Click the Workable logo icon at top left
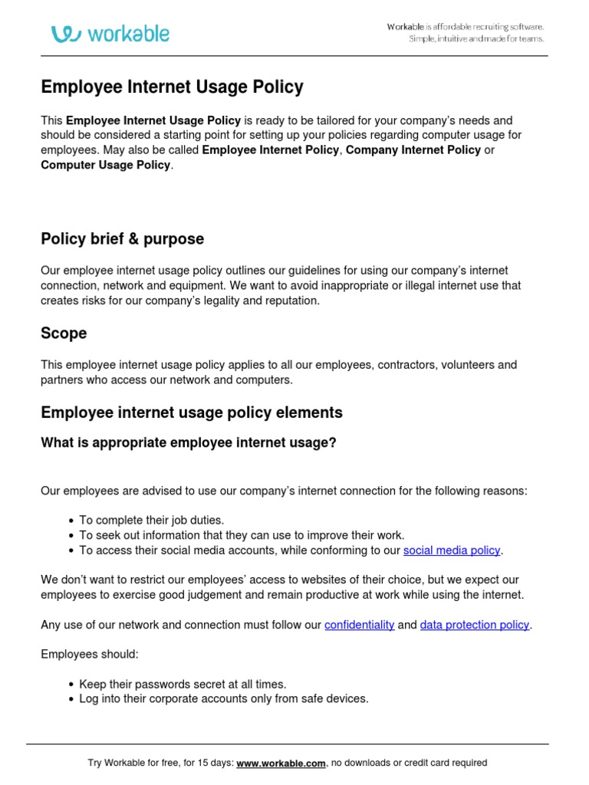click(66, 34)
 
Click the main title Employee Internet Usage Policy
click(172, 87)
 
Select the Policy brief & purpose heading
click(122, 239)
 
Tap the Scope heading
click(64, 333)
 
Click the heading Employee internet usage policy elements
click(192, 412)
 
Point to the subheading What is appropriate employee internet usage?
click(189, 443)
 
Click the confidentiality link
click(359, 625)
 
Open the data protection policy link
click(474, 625)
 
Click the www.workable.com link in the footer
click(281, 763)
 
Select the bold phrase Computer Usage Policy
click(106, 165)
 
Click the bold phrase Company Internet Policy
click(413, 150)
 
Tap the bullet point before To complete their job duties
click(71, 521)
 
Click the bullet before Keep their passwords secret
click(71, 685)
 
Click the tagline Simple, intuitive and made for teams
click(475, 39)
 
